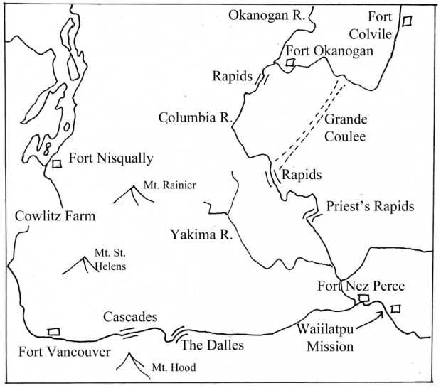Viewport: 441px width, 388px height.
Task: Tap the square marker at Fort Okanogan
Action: point(289,63)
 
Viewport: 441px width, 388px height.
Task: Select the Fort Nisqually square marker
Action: point(56,163)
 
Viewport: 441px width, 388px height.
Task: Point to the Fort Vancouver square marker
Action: point(53,331)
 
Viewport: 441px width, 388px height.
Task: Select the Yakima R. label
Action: point(198,232)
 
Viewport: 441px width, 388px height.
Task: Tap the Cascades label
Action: point(130,317)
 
